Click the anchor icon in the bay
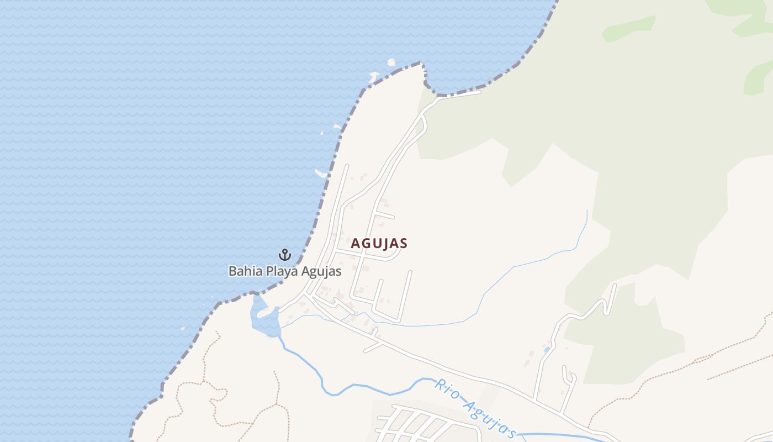(x=284, y=255)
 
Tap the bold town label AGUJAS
(x=379, y=243)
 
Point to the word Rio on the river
(x=447, y=389)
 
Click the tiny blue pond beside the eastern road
(x=547, y=349)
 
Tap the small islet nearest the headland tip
(x=391, y=62)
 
